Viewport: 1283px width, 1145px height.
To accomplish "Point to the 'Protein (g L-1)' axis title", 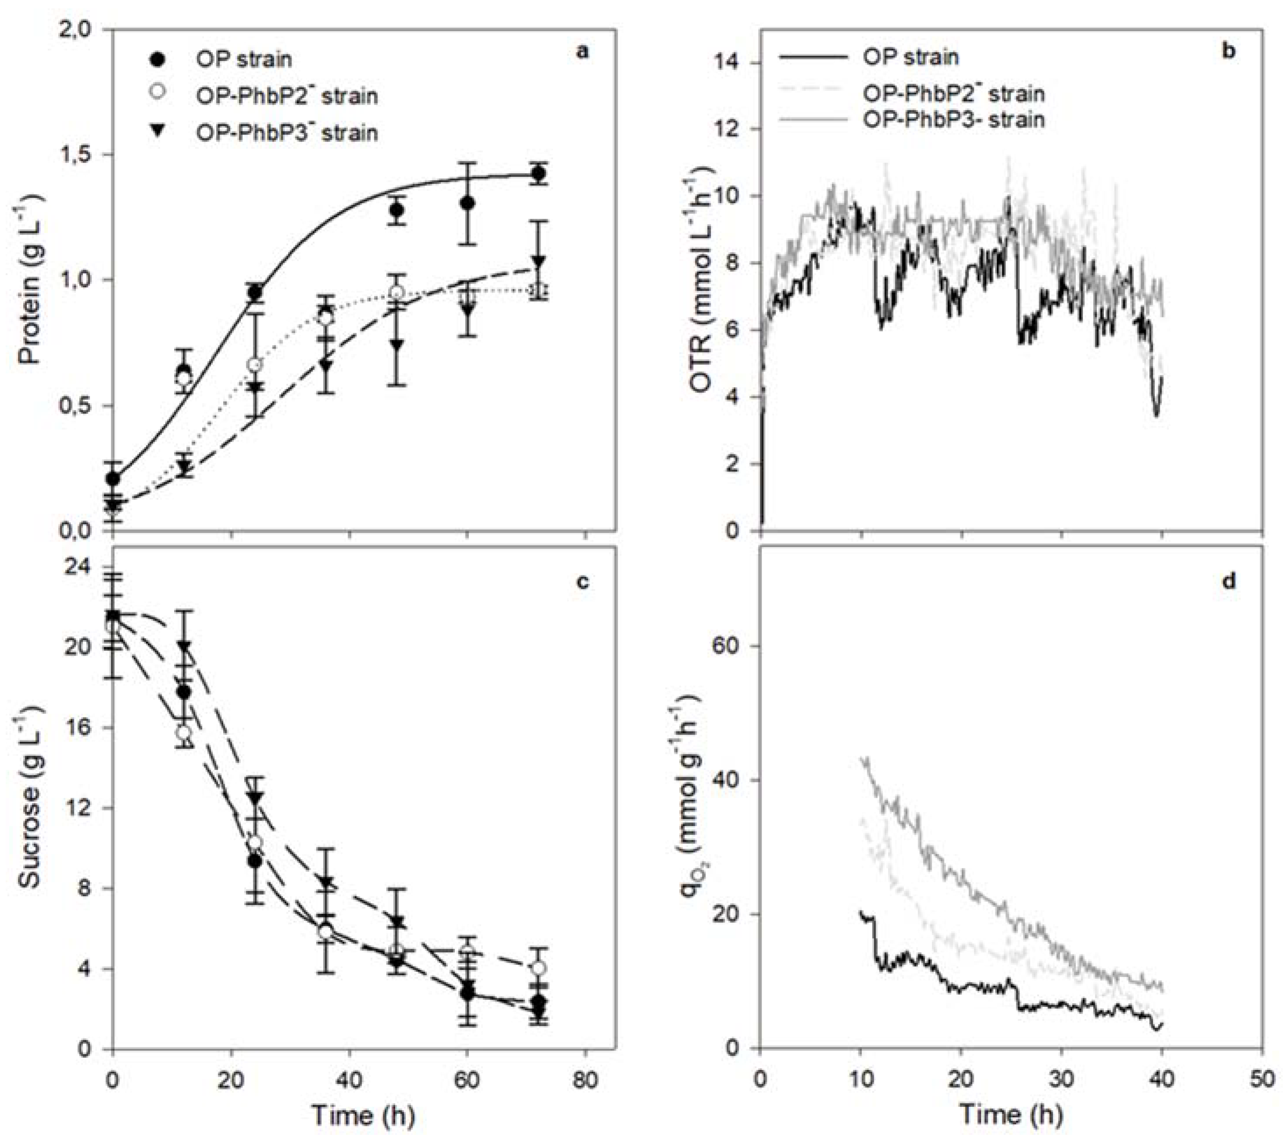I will pyautogui.click(x=30, y=279).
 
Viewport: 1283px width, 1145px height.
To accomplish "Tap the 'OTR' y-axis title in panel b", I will pyautogui.click(x=703, y=279).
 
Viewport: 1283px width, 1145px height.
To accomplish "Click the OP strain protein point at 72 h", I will pyautogui.click(x=538, y=174).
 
